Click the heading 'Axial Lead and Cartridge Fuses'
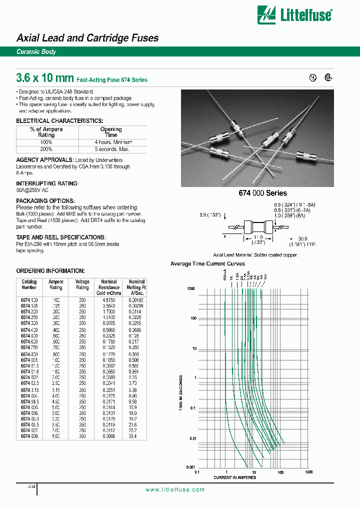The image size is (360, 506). pyautogui.click(x=87, y=38)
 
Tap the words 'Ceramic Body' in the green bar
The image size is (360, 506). pyautogui.click(x=36, y=52)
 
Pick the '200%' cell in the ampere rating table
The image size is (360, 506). pyautogui.click(x=46, y=149)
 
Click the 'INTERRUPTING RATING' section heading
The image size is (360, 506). pyautogui.click(x=47, y=183)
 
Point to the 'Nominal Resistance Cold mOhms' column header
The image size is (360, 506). pyautogui.click(x=109, y=287)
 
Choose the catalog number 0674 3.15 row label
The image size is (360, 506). pyautogui.click(x=29, y=389)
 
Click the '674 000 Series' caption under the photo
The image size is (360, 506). pyautogui.click(x=264, y=193)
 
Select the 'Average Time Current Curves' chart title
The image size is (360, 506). pyautogui.click(x=207, y=263)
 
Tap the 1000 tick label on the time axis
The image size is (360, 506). pyautogui.click(x=190, y=289)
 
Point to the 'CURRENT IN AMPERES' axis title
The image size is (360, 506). pyautogui.click(x=234, y=477)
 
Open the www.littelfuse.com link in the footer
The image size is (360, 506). pyautogui.click(x=175, y=490)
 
